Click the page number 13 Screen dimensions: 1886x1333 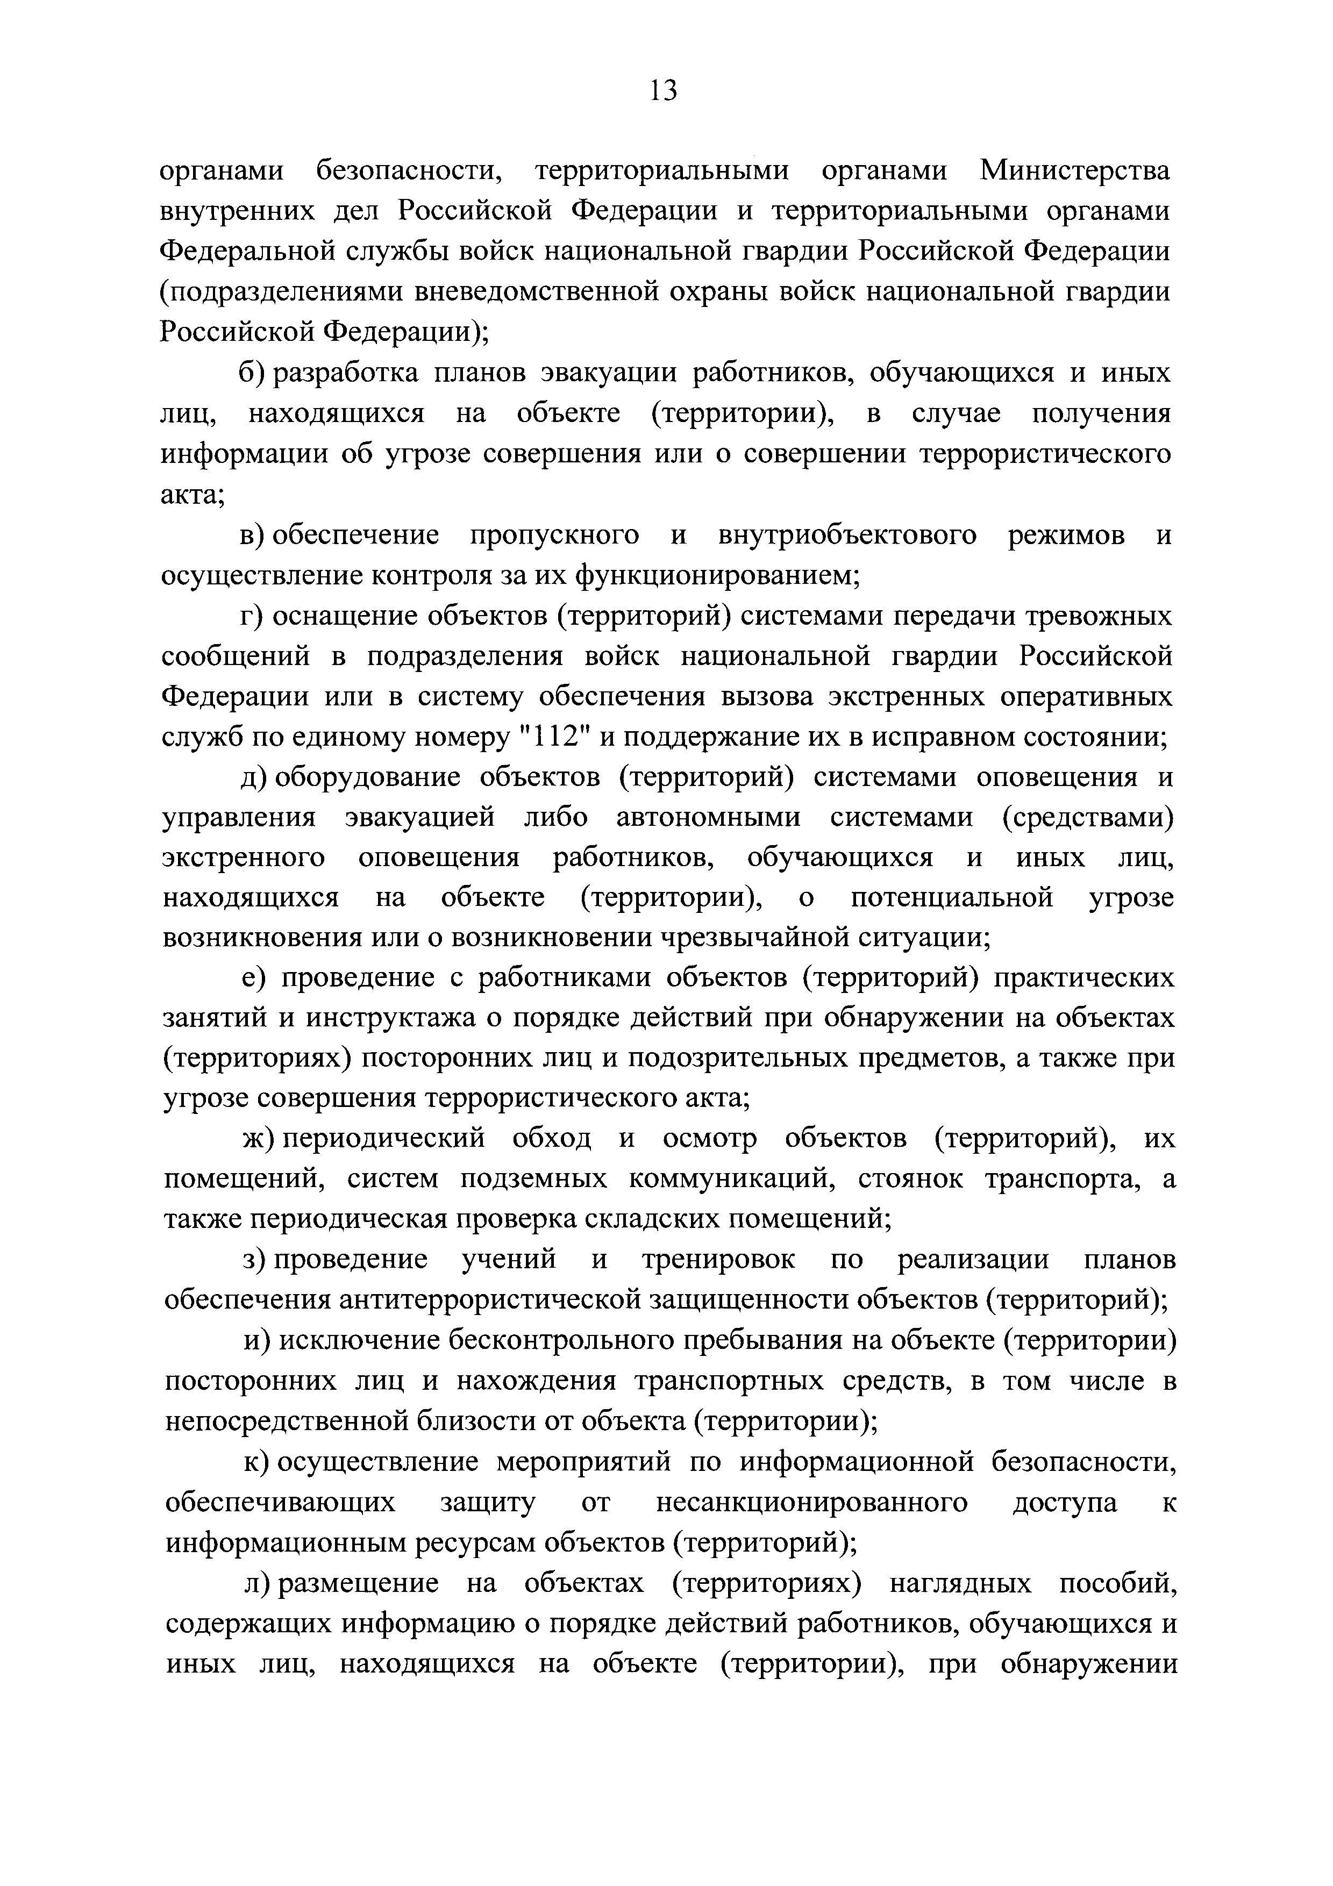[663, 90]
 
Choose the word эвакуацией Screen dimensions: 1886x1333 [420, 817]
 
